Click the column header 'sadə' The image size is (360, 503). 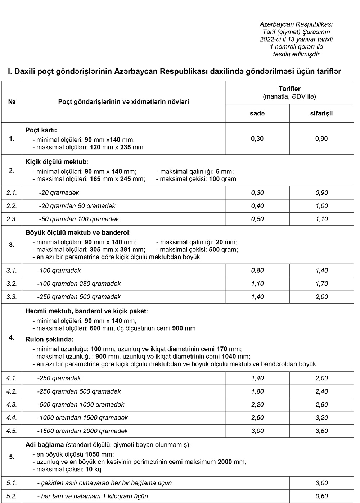point(257,113)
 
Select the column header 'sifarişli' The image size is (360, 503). point(321,113)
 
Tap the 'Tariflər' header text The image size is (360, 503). point(289,89)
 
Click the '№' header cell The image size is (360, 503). point(12,102)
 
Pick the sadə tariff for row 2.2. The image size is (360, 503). point(257,206)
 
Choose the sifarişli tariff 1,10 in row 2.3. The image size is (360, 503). point(321,219)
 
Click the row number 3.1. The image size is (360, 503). point(12,271)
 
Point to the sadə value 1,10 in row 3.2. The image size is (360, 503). point(257,284)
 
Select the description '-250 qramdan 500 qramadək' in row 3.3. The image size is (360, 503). point(79,297)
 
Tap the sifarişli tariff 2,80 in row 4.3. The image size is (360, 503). point(321,405)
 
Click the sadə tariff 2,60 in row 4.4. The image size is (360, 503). point(257,418)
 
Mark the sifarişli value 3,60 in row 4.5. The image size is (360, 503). point(321,431)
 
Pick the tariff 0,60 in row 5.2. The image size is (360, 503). point(321,497)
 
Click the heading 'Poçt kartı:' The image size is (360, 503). point(41,130)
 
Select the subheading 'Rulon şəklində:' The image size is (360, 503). point(49,340)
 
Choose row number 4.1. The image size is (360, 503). point(12,378)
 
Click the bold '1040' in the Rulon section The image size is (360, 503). point(229,357)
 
